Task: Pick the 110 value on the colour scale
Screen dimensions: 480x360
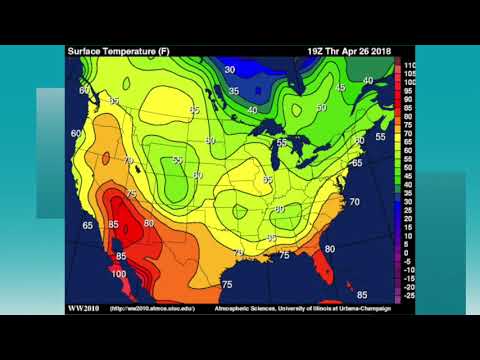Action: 409,65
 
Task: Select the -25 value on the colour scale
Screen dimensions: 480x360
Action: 409,296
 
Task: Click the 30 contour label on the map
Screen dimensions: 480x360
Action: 230,69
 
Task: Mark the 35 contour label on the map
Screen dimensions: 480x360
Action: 233,91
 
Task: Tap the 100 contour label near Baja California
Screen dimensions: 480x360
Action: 119,274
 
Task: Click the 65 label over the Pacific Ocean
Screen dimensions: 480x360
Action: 88,226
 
